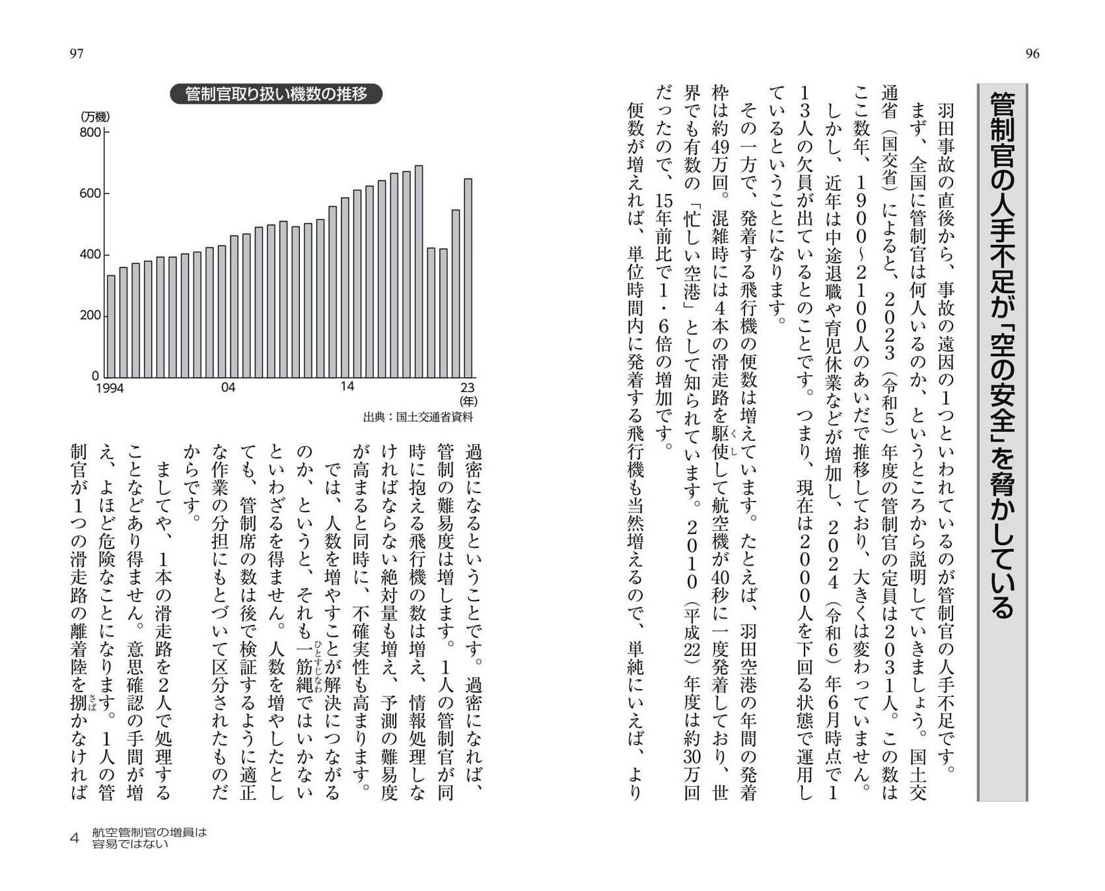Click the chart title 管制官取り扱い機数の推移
(276, 94)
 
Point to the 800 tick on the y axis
(91, 133)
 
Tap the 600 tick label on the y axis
(91, 193)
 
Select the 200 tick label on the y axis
(91, 315)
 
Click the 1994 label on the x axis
(110, 388)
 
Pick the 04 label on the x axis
(228, 387)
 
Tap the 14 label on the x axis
(347, 387)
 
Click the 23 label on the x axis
(468, 387)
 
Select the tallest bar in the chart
(419, 271)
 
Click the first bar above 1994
(111, 325)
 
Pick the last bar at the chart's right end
(468, 277)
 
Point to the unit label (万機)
(94, 117)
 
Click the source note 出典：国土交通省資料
(418, 417)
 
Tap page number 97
(77, 54)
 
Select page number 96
(1032, 54)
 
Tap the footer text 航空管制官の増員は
(150, 833)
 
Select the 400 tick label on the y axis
(91, 255)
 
